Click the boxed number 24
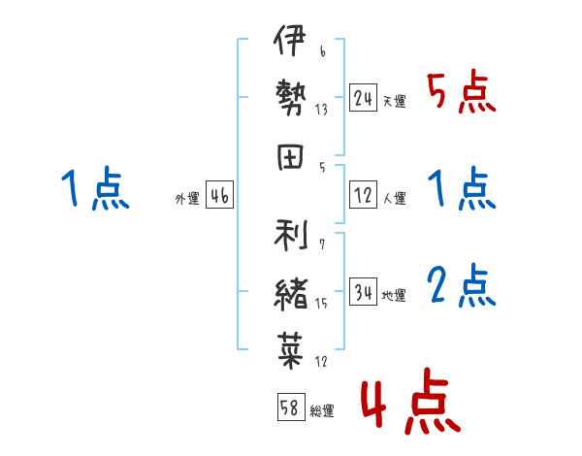[364, 98]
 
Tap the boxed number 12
[364, 195]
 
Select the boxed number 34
[364, 292]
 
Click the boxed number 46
[219, 196]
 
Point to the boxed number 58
[290, 407]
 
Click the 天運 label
[394, 102]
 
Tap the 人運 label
[394, 199]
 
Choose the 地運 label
[394, 296]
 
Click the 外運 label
[186, 199]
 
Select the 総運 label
[322, 411]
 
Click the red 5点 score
[461, 93]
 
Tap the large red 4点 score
[407, 406]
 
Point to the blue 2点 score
[461, 287]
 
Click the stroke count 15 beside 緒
[321, 305]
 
